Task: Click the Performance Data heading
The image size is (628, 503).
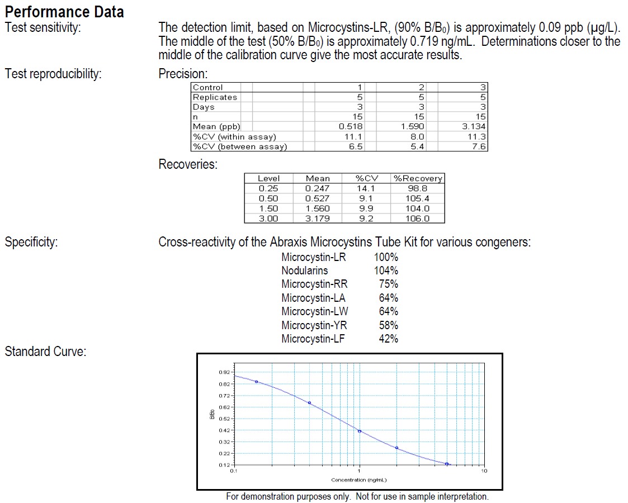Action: pyautogui.click(x=64, y=12)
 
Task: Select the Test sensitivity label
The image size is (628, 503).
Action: pyautogui.click(x=43, y=27)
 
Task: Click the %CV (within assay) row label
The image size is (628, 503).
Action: pyautogui.click(x=234, y=137)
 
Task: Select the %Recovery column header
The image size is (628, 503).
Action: pyautogui.click(x=418, y=178)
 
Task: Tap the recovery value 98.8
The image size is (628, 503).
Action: pyautogui.click(x=418, y=188)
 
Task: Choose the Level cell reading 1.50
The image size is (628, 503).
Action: pyautogui.click(x=268, y=208)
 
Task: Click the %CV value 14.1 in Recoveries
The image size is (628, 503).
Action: pyautogui.click(x=367, y=188)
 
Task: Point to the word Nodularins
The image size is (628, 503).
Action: pyautogui.click(x=305, y=271)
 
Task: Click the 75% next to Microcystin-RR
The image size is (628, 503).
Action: pyautogui.click(x=388, y=284)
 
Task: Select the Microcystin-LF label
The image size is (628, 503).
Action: pyautogui.click(x=313, y=339)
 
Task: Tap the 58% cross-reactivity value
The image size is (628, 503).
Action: pyautogui.click(x=388, y=325)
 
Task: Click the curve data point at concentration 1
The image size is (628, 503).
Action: pyautogui.click(x=360, y=431)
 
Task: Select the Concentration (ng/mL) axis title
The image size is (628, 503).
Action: pyautogui.click(x=359, y=480)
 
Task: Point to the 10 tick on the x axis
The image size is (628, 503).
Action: pyautogui.click(x=484, y=471)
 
